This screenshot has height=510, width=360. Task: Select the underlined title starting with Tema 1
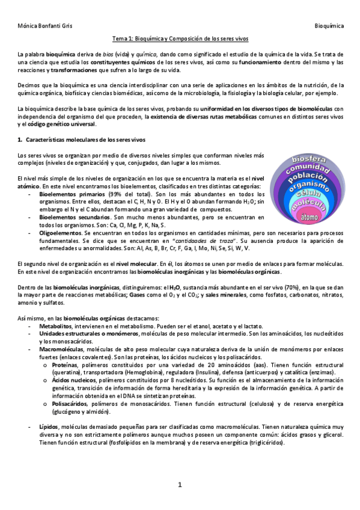coord(180,38)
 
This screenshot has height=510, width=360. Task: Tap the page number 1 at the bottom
coord(180,485)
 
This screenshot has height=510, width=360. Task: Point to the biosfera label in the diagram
coord(308,160)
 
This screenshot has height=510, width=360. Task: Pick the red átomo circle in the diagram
coord(310,216)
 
